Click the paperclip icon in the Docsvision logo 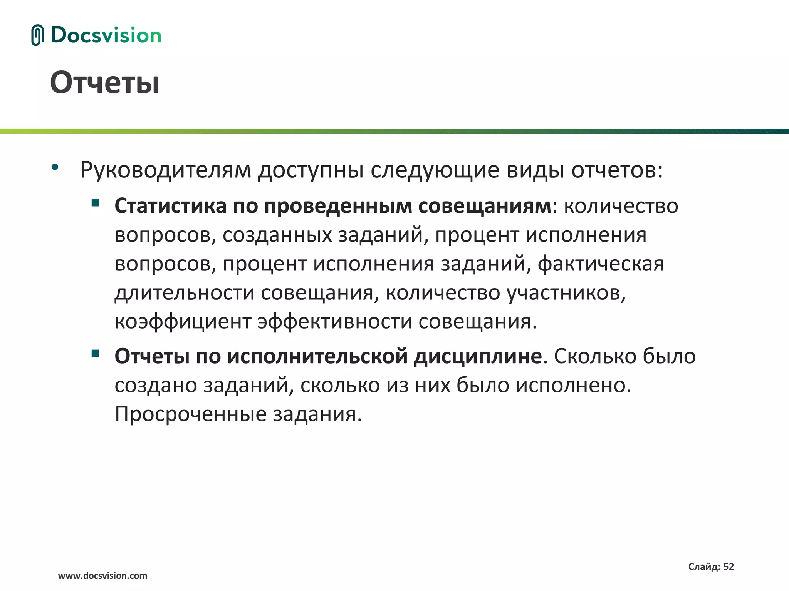[x=37, y=35]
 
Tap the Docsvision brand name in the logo [x=106, y=35]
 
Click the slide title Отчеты [x=104, y=83]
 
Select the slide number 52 [x=728, y=566]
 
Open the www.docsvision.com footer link [x=102, y=576]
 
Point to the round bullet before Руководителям [x=55, y=167]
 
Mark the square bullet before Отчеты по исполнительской [x=95, y=353]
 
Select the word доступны [x=311, y=170]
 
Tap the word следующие [x=435, y=170]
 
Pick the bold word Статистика [x=170, y=206]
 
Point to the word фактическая [x=601, y=264]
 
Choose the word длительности [x=185, y=293]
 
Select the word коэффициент [x=183, y=322]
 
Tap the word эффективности [x=335, y=322]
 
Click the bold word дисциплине [x=478, y=356]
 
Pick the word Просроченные [x=191, y=414]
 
